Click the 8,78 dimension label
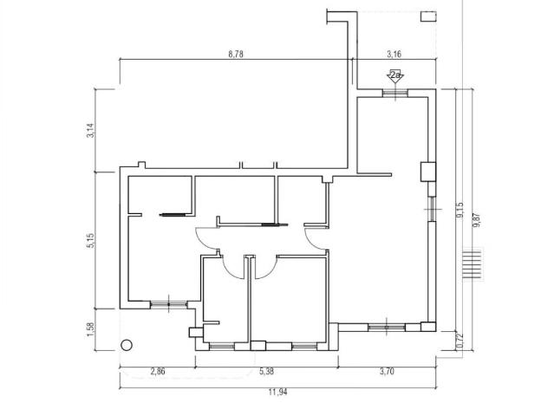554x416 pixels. pos(236,55)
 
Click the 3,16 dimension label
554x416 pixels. pos(394,55)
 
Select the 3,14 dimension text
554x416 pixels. pos(91,130)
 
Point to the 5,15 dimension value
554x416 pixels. pos(91,240)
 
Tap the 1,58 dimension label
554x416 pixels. pos(91,329)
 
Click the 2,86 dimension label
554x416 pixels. pos(158,371)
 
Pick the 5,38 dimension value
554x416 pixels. pos(266,371)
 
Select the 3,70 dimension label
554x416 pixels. pos(387,371)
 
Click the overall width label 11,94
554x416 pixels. pos(278,392)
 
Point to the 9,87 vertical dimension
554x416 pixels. pos(477,219)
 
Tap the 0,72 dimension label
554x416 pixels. pos(459,340)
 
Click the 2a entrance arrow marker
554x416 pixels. pos(395,76)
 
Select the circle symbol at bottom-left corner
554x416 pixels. pos(126,345)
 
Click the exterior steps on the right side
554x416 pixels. pos(473,263)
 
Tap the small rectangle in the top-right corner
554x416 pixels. pos(428,16)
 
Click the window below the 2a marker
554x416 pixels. pos(395,94)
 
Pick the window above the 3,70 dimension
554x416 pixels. pos(387,328)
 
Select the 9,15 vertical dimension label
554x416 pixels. pos(459,210)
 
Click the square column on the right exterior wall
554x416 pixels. pos(428,172)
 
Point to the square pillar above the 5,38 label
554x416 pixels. pos(257,346)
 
